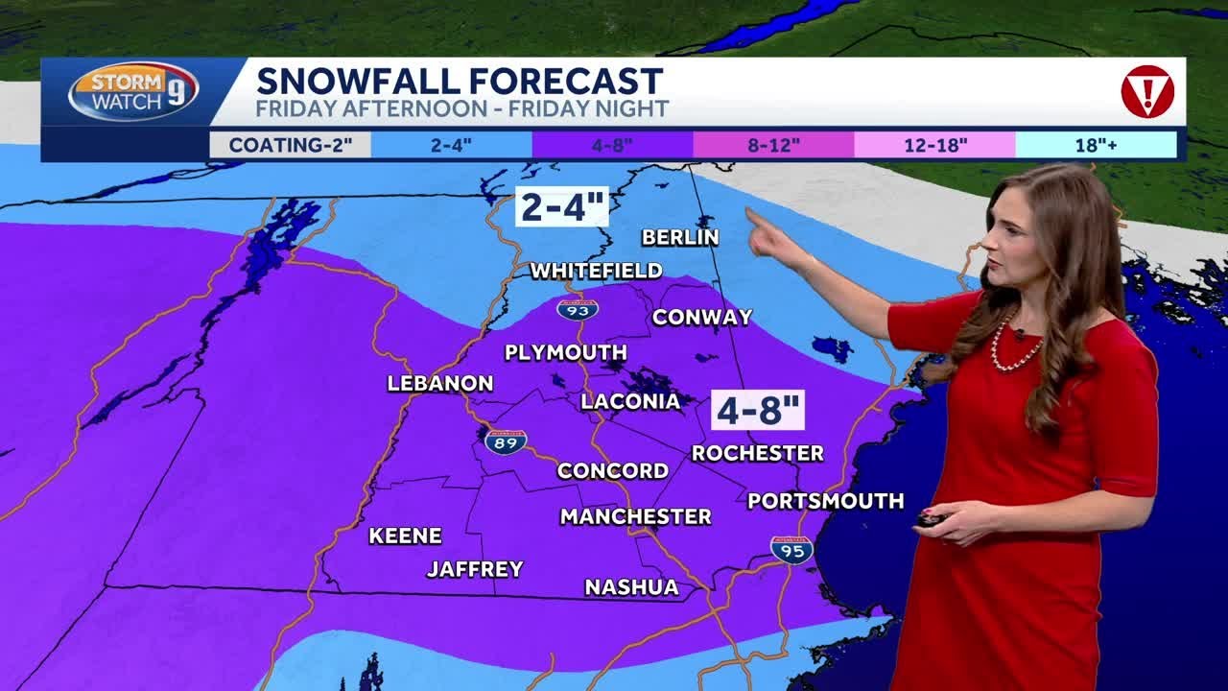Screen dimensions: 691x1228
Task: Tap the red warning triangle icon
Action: [1147, 92]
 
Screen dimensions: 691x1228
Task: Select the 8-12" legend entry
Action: [773, 145]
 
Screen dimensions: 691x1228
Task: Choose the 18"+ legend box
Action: [1096, 145]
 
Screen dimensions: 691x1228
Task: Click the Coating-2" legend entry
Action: [290, 145]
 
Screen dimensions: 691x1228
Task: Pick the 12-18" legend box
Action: [935, 145]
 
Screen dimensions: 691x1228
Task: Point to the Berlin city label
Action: [680, 237]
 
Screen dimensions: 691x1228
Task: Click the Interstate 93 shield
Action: [577, 309]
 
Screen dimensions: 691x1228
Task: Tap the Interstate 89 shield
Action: [505, 441]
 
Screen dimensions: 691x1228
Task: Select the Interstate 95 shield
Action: [791, 550]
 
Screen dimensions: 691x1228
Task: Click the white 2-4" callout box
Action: [562, 206]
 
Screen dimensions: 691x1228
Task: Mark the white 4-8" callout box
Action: [758, 410]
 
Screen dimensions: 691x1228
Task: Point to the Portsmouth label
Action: [825, 501]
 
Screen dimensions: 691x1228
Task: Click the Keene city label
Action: [405, 536]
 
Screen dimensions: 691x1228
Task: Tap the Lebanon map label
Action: [440, 383]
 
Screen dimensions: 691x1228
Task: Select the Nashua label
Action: [631, 586]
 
